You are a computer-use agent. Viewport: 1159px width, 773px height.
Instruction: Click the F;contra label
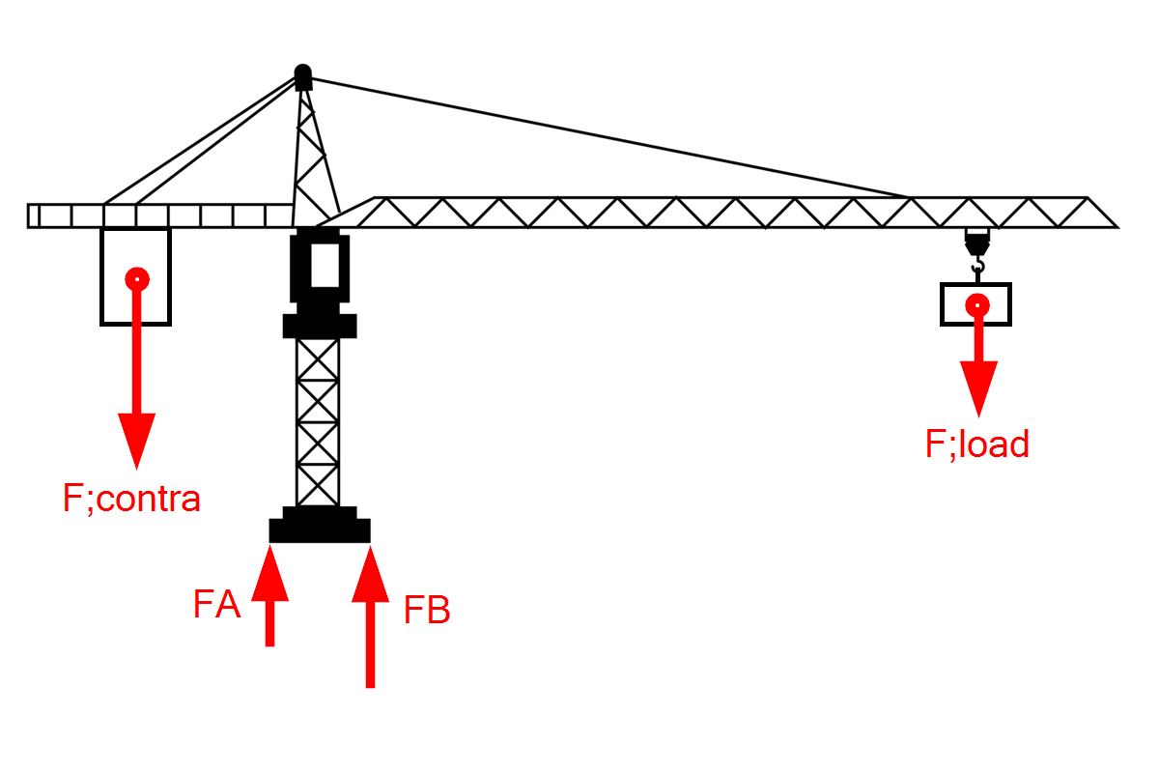coord(131,500)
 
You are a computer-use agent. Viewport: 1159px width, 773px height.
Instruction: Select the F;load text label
coord(976,444)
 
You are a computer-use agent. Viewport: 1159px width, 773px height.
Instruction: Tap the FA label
coord(216,604)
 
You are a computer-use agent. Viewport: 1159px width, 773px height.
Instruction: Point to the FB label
coord(427,610)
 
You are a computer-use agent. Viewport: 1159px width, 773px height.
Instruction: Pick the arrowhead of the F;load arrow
coord(978,388)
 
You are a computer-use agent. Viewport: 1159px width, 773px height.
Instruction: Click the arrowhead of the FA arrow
coord(269,573)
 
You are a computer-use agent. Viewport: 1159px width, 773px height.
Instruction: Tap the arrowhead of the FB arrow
coord(370,574)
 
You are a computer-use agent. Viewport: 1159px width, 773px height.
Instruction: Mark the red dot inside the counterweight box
coord(137,279)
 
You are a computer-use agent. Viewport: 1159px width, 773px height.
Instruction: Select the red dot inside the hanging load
coord(977,305)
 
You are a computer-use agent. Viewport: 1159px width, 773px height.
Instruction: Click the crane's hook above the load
coord(977,266)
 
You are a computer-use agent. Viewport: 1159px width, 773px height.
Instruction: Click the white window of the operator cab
coord(325,265)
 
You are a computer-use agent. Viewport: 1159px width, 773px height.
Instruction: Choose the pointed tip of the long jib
coord(1117,227)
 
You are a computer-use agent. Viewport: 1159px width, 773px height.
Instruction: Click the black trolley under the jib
coord(977,242)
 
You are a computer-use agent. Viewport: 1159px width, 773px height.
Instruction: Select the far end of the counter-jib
coord(28,215)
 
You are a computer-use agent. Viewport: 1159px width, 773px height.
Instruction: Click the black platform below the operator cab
coord(320,326)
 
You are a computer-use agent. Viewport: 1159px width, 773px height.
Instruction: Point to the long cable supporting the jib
coord(609,138)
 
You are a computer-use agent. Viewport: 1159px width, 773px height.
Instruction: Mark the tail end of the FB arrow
coord(370,687)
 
